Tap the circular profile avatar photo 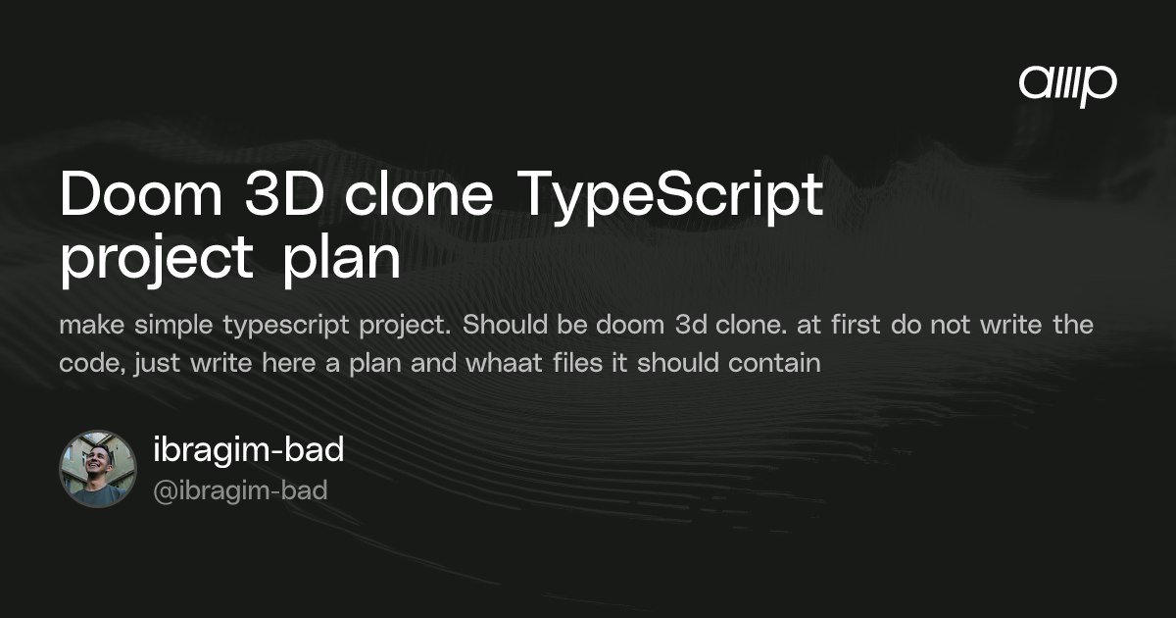point(98,469)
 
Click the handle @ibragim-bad point(240,490)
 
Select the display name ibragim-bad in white point(248,450)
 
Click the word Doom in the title point(142,194)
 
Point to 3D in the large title point(284,194)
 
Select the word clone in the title point(419,193)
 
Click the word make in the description point(92,325)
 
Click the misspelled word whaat point(504,363)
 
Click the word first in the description point(856,325)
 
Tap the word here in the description point(289,363)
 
